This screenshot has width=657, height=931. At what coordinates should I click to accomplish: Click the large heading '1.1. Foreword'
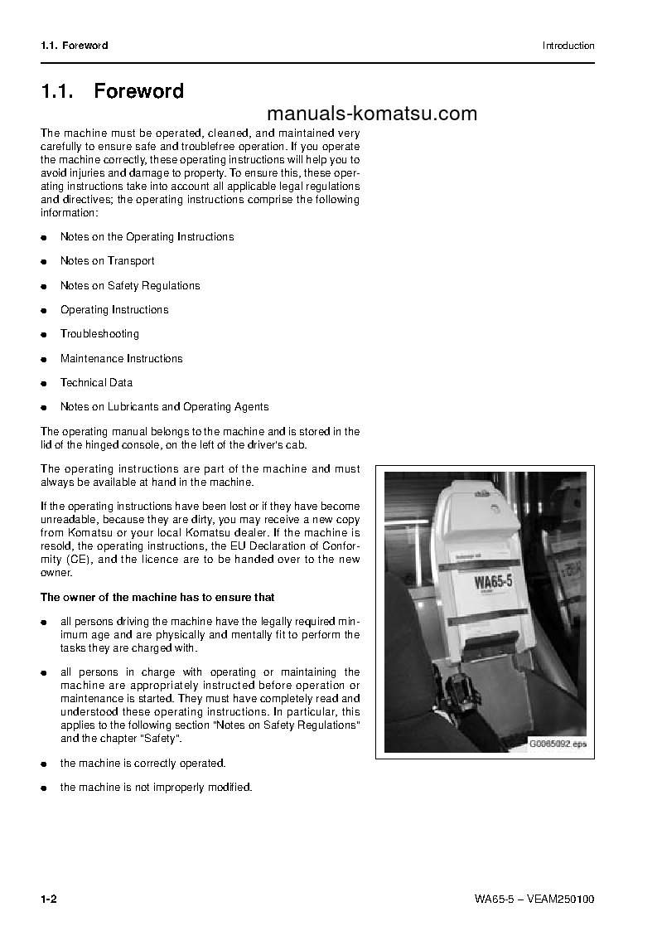(113, 91)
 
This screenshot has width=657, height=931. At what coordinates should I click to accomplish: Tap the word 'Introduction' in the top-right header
(568, 46)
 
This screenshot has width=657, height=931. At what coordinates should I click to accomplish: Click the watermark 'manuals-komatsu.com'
(372, 114)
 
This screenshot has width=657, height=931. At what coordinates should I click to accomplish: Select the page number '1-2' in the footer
(48, 899)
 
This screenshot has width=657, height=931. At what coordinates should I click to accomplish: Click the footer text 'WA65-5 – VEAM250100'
(534, 899)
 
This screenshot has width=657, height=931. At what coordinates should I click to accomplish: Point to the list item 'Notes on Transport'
(107, 261)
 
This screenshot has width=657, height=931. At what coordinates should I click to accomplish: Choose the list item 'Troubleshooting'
(99, 334)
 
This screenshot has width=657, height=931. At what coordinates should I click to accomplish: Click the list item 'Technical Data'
(96, 383)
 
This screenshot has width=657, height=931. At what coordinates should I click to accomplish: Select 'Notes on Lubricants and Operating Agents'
(164, 407)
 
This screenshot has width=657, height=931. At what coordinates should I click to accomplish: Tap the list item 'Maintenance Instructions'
(121, 359)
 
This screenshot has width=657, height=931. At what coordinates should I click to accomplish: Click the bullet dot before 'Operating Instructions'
(44, 311)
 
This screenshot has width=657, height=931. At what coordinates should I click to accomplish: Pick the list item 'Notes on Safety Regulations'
(130, 286)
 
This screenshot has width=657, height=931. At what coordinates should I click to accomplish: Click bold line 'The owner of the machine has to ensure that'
(157, 597)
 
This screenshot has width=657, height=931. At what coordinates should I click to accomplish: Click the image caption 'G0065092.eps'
(558, 744)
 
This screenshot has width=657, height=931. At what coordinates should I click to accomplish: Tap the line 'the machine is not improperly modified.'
(156, 787)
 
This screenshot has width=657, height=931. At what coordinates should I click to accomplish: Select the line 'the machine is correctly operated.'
(143, 763)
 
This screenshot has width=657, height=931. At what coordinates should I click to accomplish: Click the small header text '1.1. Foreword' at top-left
(75, 46)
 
